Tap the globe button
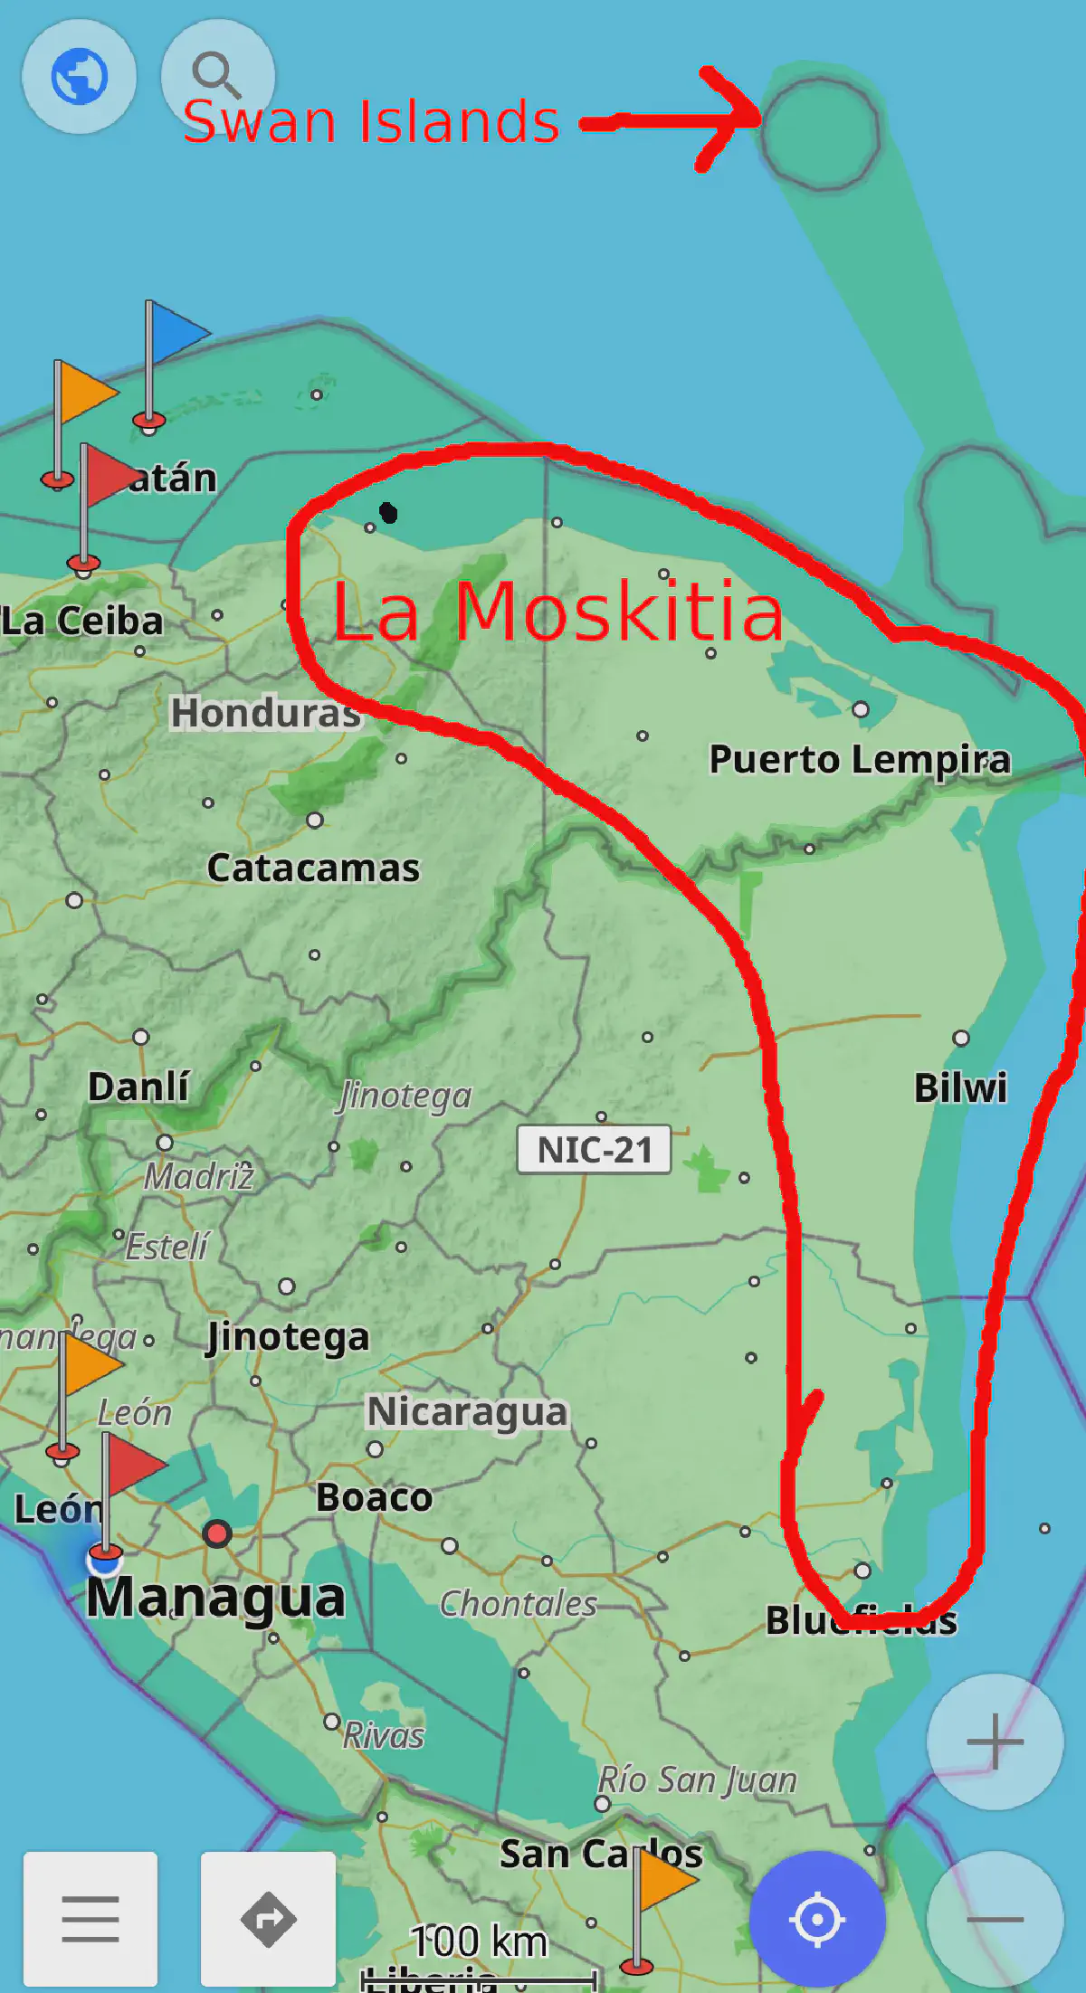click(x=80, y=76)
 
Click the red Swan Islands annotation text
click(x=371, y=121)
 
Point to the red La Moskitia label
click(x=557, y=612)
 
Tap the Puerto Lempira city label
click(x=859, y=759)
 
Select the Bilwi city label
click(x=960, y=1087)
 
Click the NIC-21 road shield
click(x=594, y=1150)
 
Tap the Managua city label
click(x=215, y=1597)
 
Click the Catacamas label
click(x=313, y=868)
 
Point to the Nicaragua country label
click(x=467, y=1411)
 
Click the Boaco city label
click(x=374, y=1497)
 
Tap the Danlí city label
click(x=138, y=1086)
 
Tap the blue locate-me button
click(x=817, y=1918)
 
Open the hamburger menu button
click(x=90, y=1918)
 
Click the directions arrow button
click(x=268, y=1918)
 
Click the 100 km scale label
click(x=480, y=1941)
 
